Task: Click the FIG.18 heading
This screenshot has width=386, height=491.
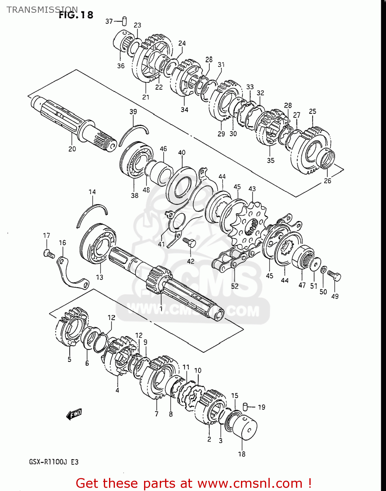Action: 76,15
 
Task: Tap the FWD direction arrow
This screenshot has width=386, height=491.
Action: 74,414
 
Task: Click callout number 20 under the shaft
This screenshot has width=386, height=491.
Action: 72,149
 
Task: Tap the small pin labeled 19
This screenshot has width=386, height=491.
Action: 245,407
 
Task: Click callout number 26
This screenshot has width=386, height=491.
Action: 327,181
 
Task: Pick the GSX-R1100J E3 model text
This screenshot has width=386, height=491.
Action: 54,462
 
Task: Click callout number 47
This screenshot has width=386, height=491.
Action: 302,285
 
